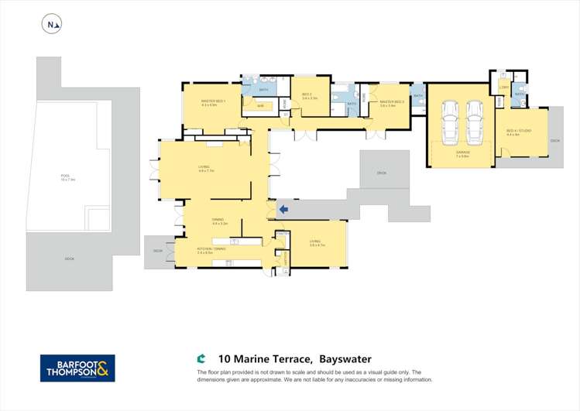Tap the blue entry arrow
283,208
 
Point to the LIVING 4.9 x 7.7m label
204,168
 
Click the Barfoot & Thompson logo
77,368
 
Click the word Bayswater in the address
345,359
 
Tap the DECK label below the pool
70,258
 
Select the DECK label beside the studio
554,141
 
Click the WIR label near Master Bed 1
261,105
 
